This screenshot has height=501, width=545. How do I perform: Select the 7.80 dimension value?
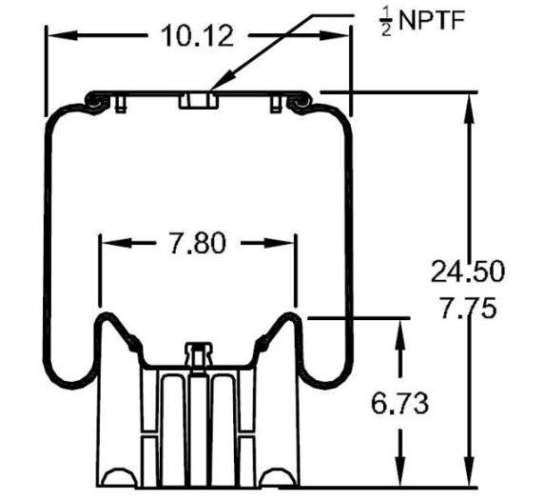pyautogui.click(x=197, y=244)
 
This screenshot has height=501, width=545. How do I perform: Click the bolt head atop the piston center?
pyautogui.click(x=197, y=354)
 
